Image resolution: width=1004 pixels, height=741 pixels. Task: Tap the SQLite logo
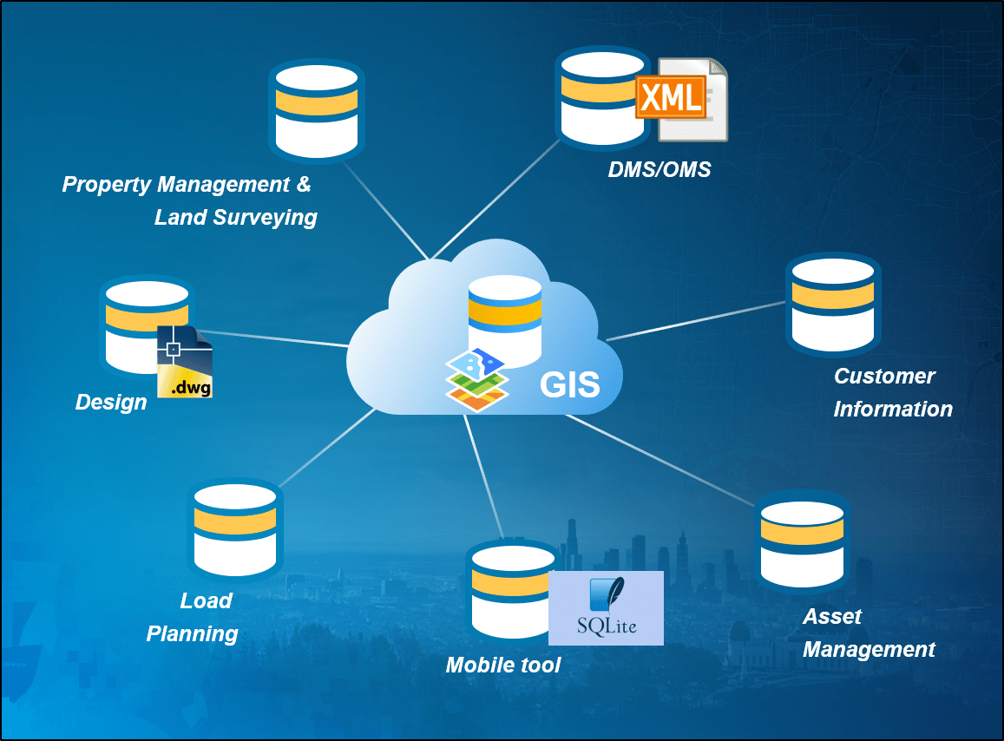point(606,607)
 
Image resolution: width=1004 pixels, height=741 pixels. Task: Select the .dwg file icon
point(185,363)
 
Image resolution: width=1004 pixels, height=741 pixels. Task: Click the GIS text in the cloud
point(570,384)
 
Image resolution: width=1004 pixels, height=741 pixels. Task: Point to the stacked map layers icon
point(476,380)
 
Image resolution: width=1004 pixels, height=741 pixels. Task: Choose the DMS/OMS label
point(659,169)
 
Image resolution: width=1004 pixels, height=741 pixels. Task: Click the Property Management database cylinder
point(317,110)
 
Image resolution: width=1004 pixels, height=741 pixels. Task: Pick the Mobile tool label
point(503,666)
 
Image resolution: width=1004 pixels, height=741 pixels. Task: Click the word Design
point(111,403)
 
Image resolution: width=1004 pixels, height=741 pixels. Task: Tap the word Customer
point(884,377)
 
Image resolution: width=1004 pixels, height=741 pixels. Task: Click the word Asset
point(832,617)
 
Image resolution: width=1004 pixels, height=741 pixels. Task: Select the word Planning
point(192,634)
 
